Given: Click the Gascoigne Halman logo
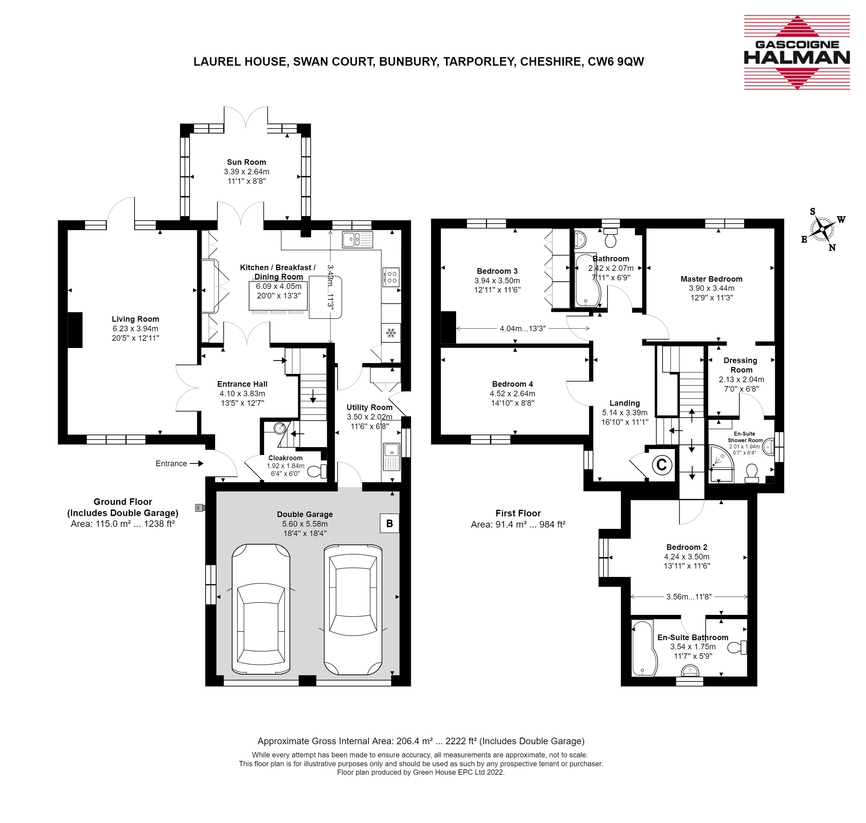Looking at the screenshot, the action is point(797,53).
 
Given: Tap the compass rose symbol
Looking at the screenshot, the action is point(823,229).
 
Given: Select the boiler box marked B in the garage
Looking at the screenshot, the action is point(390,523).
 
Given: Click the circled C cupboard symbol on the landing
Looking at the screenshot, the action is point(662,464).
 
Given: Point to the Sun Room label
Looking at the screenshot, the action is point(246,162).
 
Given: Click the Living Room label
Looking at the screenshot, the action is point(135,319).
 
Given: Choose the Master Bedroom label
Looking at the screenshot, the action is point(711,279).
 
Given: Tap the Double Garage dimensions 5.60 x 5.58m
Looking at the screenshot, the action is point(305,524).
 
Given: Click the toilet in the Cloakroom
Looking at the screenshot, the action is point(317,471).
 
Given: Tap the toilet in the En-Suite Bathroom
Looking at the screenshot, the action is point(737,647).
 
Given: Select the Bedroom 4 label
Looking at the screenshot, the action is point(513,384).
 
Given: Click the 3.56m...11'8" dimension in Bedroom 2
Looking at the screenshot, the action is point(689,596).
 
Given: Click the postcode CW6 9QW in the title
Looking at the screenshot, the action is point(616,61).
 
